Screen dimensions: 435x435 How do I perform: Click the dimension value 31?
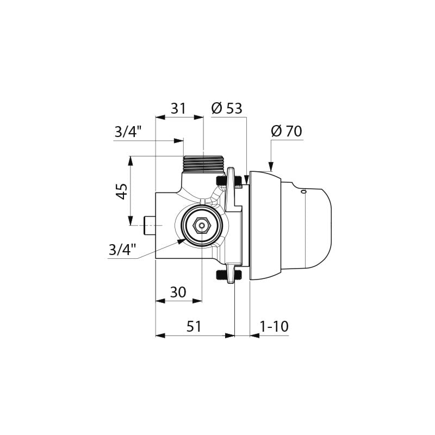click(x=178, y=108)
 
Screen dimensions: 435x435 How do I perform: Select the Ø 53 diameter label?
click(x=227, y=108)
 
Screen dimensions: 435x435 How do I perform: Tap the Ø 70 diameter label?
click(x=287, y=131)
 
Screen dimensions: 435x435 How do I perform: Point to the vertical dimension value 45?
click(x=122, y=191)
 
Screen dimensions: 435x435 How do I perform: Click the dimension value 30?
click(x=178, y=292)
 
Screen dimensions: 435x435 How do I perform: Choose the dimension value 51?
click(x=194, y=326)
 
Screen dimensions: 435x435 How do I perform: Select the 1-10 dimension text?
click(x=274, y=326)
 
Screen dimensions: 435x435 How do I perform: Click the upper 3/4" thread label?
click(x=128, y=132)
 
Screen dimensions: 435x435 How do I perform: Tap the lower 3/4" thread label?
click(x=122, y=250)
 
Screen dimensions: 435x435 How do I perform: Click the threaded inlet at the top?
click(x=203, y=165)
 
